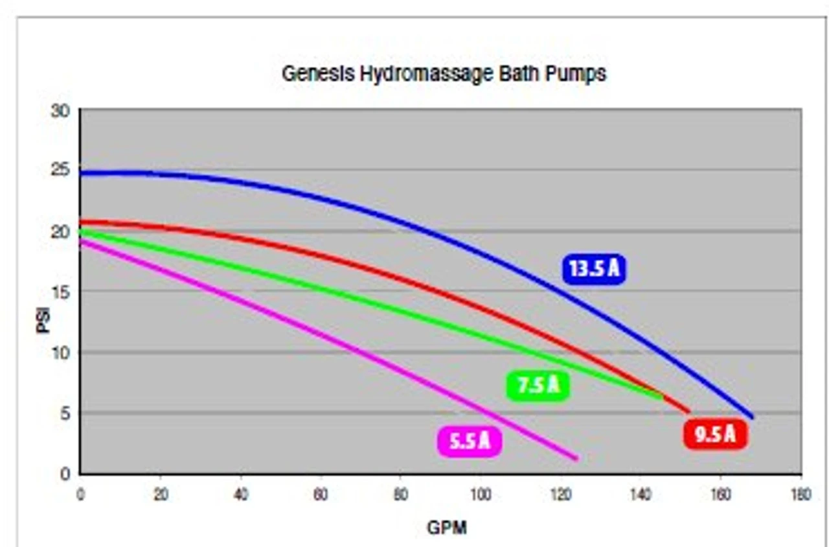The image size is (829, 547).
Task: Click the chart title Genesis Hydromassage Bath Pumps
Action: (444, 74)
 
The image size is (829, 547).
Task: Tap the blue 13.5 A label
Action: (595, 268)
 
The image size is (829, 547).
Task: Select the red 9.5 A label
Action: (715, 434)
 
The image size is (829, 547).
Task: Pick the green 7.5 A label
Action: (538, 386)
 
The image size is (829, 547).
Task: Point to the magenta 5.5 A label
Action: (470, 442)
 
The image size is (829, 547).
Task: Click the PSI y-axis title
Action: (43, 322)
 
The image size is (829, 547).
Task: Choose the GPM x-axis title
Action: (446, 528)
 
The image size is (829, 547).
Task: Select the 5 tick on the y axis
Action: (65, 413)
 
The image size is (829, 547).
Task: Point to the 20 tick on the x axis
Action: (161, 495)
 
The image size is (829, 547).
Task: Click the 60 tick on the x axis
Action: (321, 495)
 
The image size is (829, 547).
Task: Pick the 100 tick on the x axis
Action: (480, 495)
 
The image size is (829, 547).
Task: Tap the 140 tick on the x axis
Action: (640, 495)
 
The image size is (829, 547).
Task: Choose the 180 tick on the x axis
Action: (801, 495)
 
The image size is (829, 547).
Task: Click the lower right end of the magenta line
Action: (576, 458)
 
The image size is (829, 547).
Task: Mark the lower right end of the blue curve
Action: (752, 417)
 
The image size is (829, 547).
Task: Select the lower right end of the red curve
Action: (688, 411)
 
